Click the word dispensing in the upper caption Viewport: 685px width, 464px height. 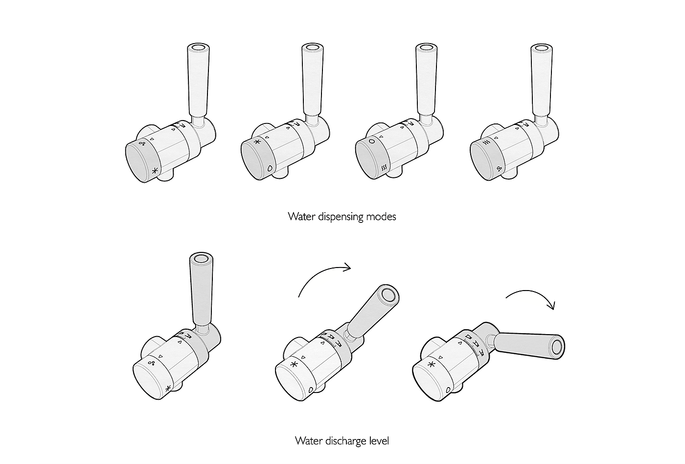(x=341, y=217)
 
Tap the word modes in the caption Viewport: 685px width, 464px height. (x=381, y=217)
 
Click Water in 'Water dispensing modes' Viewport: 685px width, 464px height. (x=301, y=217)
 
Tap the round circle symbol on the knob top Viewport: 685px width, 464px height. (x=372, y=141)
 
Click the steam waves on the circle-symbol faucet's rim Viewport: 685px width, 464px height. (x=385, y=167)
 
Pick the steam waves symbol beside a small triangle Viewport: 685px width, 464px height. (x=486, y=143)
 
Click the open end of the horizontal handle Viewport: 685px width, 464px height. (x=557, y=347)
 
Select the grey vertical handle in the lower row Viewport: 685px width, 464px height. (x=202, y=289)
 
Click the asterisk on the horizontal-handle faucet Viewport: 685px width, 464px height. (x=432, y=365)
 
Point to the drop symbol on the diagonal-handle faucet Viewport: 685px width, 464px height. (x=311, y=390)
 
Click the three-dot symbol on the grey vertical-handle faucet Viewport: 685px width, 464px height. (x=151, y=364)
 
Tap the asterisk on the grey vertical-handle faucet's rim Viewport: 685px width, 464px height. (x=167, y=389)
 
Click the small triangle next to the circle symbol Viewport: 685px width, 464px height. (x=381, y=137)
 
